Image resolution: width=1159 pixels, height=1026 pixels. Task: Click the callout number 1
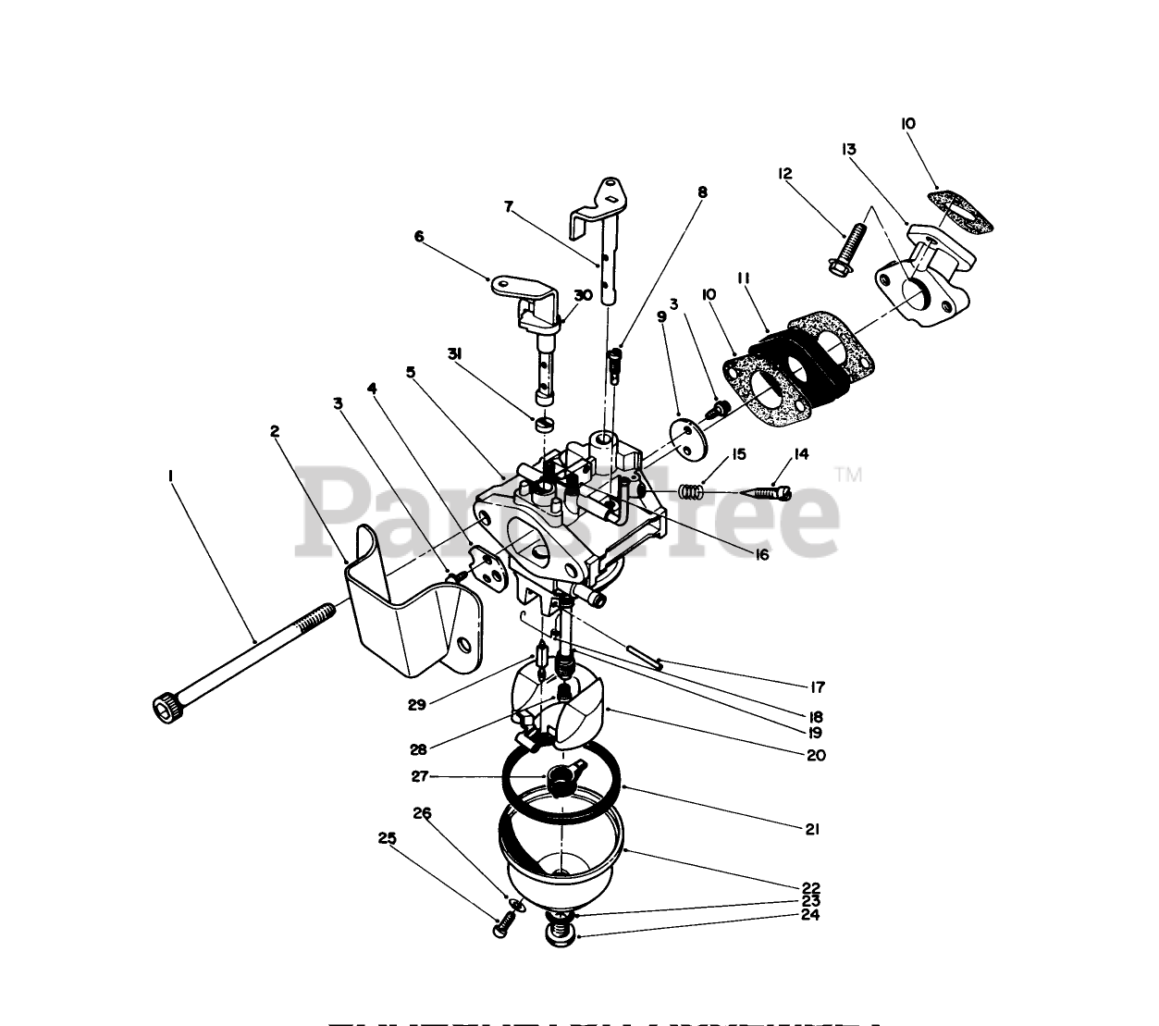[170, 476]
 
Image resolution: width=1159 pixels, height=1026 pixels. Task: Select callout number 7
[508, 207]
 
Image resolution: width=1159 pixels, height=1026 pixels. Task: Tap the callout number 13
[849, 150]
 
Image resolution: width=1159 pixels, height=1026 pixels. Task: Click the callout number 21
[810, 829]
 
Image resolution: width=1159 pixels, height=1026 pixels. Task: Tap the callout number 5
[411, 372]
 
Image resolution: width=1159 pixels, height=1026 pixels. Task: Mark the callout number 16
[761, 555]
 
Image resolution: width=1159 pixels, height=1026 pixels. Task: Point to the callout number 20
[815, 755]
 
